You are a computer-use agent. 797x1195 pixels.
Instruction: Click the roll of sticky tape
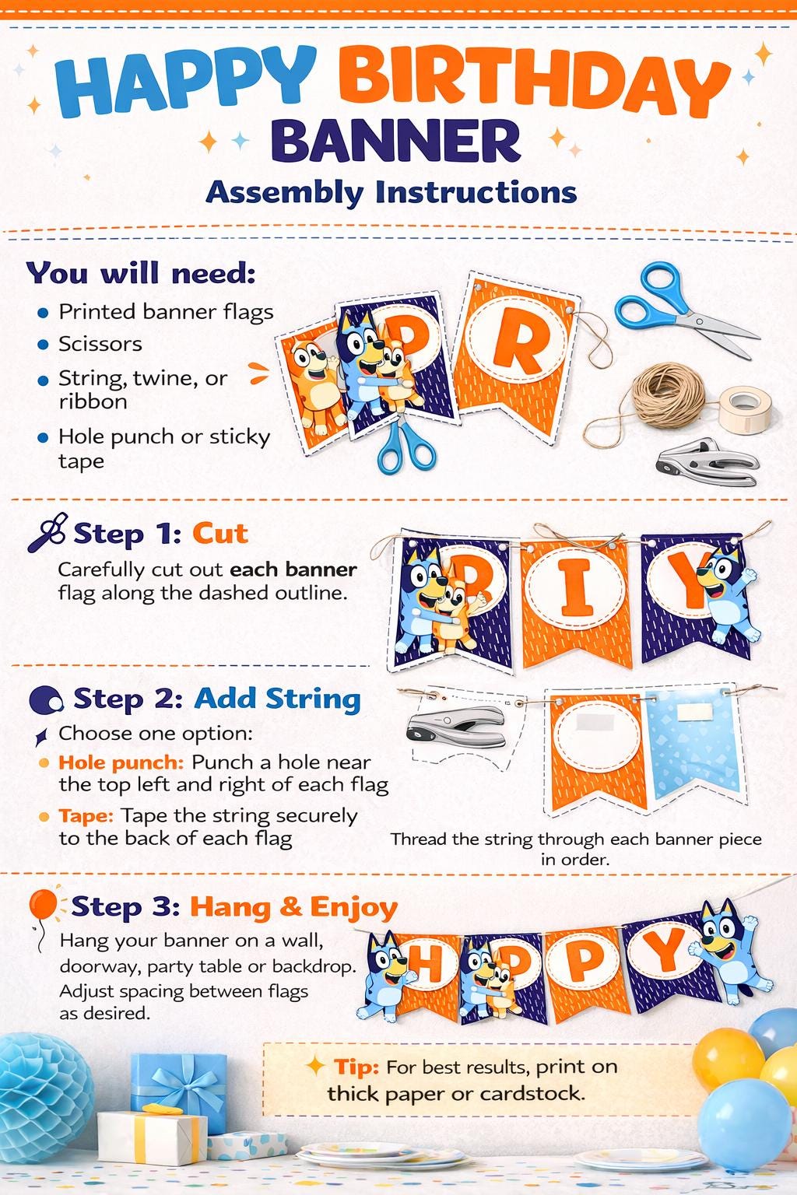(x=745, y=408)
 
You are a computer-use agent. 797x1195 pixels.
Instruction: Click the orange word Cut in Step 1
(x=220, y=533)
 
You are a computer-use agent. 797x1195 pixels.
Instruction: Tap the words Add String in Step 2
(x=278, y=699)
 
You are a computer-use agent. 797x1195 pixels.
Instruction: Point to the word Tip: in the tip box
(x=356, y=1067)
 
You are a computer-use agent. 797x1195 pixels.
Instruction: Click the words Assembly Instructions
(x=391, y=192)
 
